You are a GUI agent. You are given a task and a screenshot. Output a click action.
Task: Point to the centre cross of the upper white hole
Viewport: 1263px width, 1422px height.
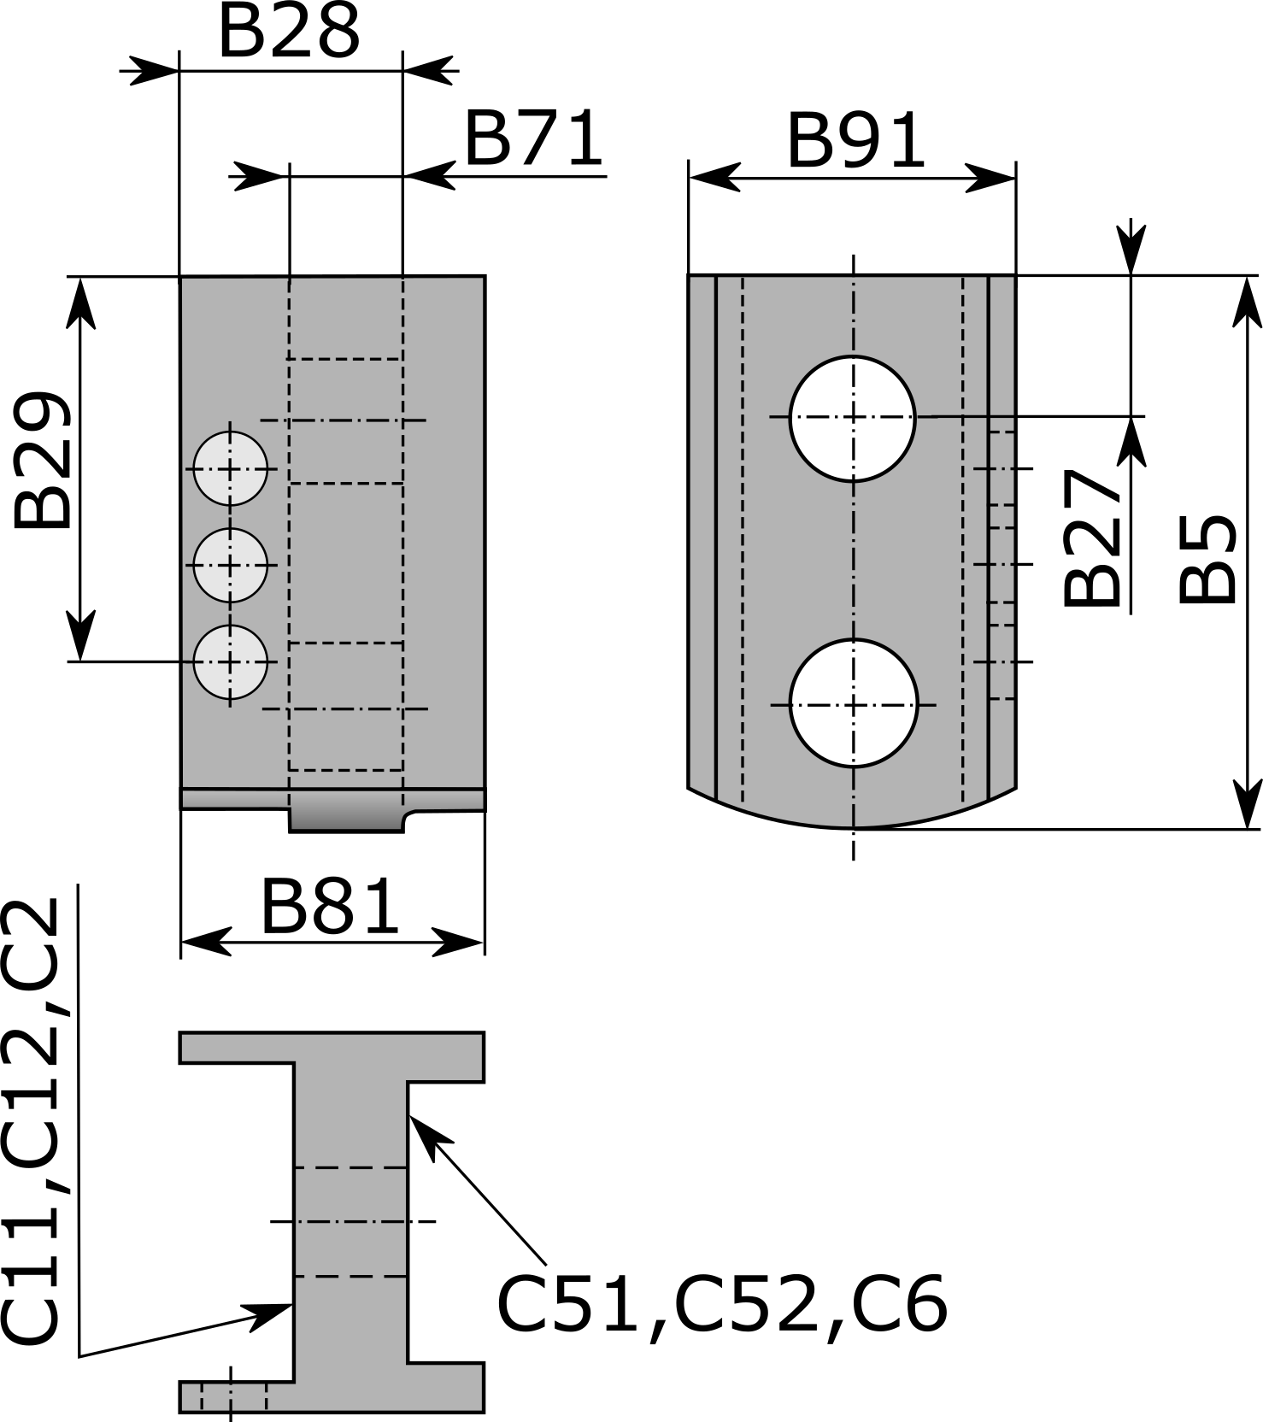(853, 417)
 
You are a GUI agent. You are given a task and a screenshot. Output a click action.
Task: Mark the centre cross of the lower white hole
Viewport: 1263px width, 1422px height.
(854, 705)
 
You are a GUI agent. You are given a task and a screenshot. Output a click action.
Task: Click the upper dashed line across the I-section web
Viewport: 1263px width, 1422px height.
(350, 1167)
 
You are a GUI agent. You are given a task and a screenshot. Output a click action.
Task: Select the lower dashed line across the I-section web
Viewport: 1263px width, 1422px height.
(350, 1277)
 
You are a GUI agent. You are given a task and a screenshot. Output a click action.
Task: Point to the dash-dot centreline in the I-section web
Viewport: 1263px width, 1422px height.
(350, 1222)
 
